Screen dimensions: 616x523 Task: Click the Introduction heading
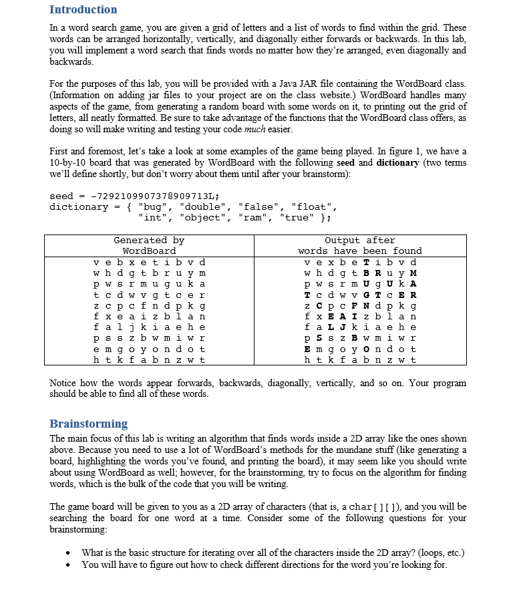[83, 9]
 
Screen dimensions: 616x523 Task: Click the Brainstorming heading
[88, 424]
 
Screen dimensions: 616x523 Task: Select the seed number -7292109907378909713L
[154, 196]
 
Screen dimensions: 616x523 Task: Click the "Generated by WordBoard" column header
[149, 245]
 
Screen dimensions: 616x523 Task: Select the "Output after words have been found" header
[359, 245]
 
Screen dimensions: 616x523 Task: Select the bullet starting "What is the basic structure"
[273, 553]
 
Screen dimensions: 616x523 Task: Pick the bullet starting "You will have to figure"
[264, 565]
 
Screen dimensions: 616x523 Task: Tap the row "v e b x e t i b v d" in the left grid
[149, 261]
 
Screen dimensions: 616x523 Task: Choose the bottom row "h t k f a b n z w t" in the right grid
[359, 359]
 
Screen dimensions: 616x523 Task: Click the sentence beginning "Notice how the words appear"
[258, 388]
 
